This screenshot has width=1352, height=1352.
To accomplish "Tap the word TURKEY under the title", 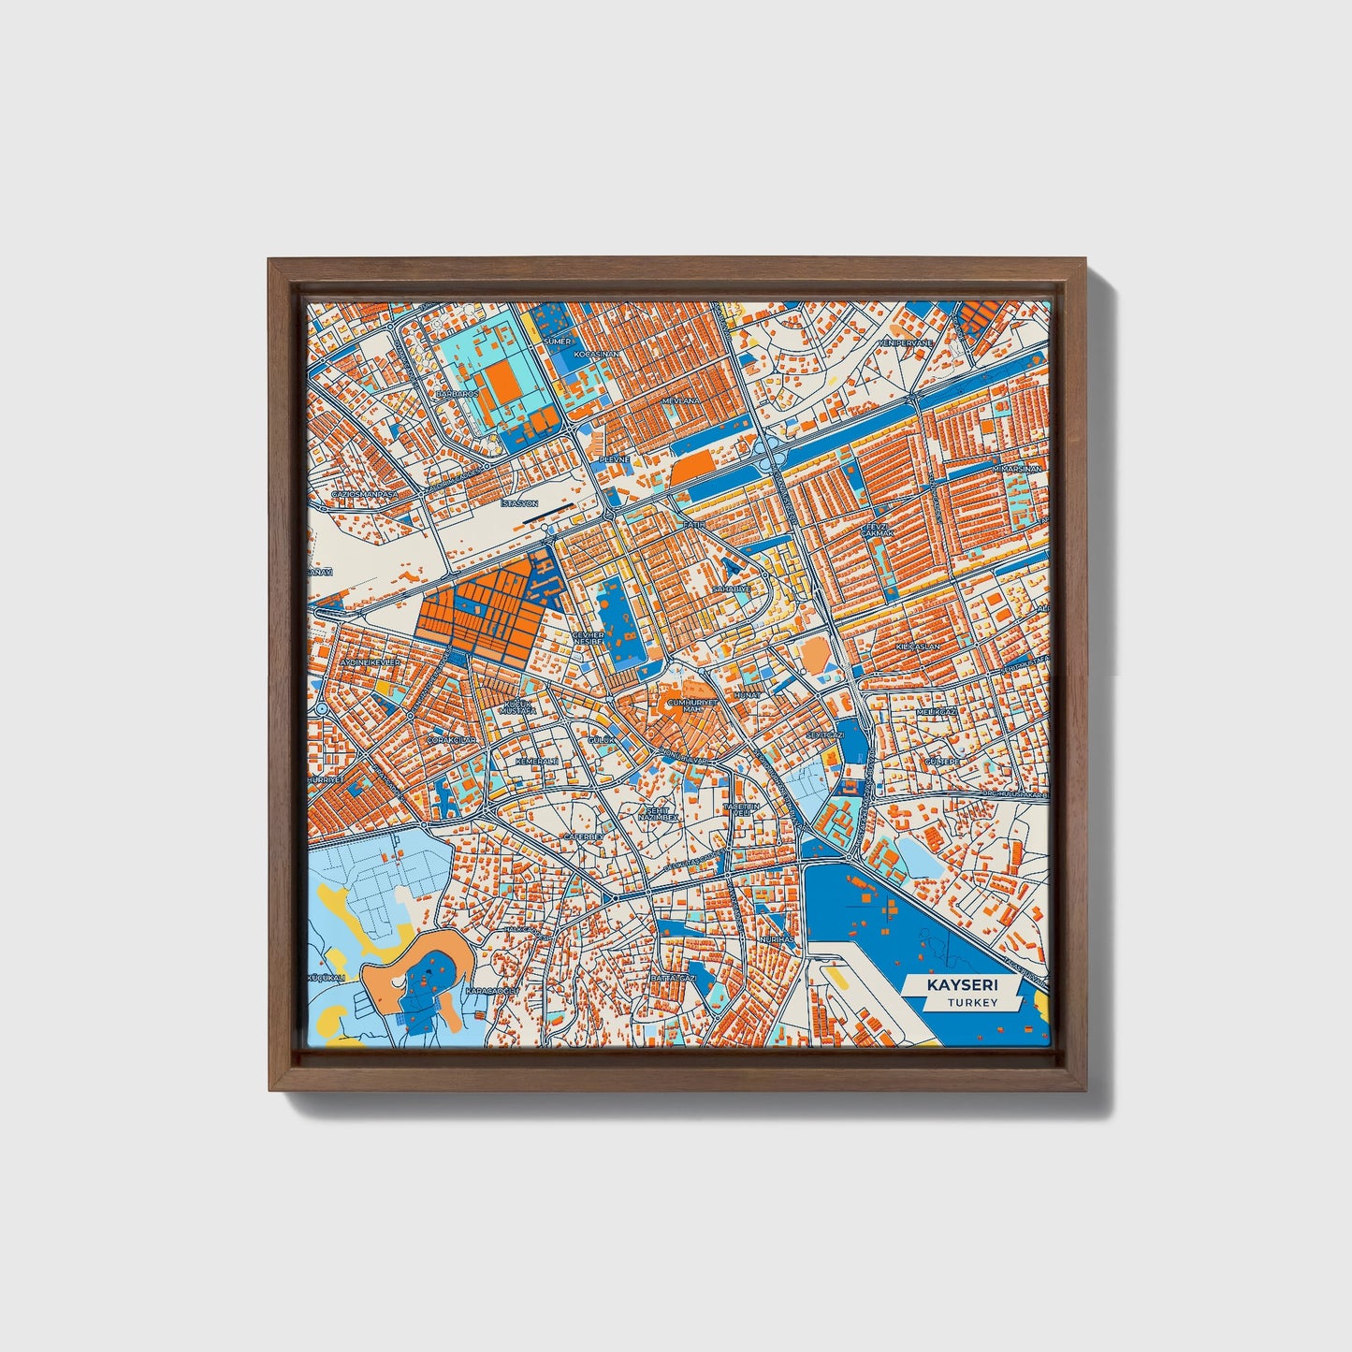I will [x=971, y=1003].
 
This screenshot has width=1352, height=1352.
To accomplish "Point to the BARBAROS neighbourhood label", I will [x=458, y=395].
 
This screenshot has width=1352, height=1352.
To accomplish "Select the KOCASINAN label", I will [x=596, y=355].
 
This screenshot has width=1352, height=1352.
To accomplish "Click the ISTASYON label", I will [x=520, y=503].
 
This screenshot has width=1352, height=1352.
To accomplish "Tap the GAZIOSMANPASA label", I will [x=365, y=494].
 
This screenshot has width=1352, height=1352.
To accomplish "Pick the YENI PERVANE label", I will [x=905, y=343].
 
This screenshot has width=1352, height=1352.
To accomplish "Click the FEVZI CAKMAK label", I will [x=878, y=530].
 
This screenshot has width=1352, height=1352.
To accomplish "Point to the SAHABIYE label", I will [x=731, y=589].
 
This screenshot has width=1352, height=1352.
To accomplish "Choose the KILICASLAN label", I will [x=917, y=647].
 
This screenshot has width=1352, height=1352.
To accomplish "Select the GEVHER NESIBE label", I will [x=589, y=638].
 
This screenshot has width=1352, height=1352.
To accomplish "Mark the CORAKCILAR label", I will [x=451, y=740].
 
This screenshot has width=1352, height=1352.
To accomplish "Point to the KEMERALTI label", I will [x=537, y=762].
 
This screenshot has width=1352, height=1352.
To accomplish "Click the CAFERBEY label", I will [x=584, y=836].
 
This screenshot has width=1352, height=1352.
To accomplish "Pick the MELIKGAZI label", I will [x=938, y=712].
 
